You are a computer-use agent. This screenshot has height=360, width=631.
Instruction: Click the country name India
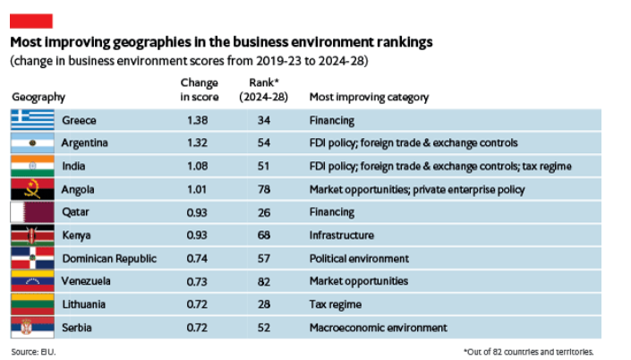74,166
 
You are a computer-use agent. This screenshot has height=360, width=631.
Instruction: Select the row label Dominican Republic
109,259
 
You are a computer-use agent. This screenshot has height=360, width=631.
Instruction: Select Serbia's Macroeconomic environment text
378,328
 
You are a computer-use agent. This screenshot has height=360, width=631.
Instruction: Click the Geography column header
38,97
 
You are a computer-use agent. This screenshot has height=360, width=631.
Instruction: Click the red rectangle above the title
30,21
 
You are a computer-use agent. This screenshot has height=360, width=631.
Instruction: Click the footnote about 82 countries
529,350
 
